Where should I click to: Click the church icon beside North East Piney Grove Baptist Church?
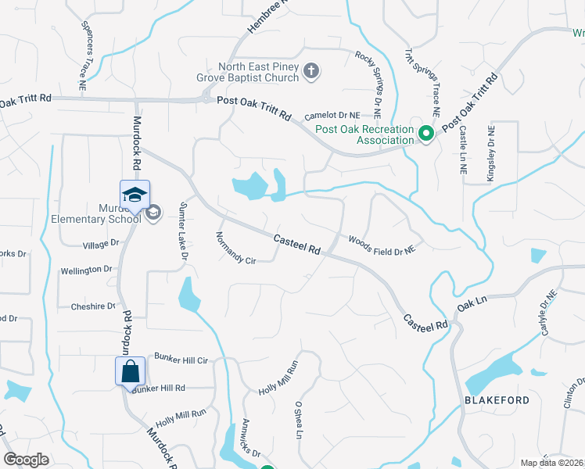(x=310, y=73)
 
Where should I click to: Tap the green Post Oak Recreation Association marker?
(x=426, y=134)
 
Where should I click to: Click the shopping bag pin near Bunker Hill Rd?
(x=131, y=372)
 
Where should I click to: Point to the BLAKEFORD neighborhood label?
(x=497, y=400)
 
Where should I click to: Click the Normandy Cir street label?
(x=235, y=248)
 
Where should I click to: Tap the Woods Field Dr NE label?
(x=381, y=245)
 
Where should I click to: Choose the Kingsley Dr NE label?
(x=490, y=154)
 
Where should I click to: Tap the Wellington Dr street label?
(x=87, y=270)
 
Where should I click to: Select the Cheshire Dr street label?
(x=93, y=307)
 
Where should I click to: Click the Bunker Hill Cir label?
(x=181, y=360)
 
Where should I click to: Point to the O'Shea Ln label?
(x=298, y=420)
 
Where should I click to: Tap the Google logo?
(x=26, y=460)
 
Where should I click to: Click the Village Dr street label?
(x=100, y=245)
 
